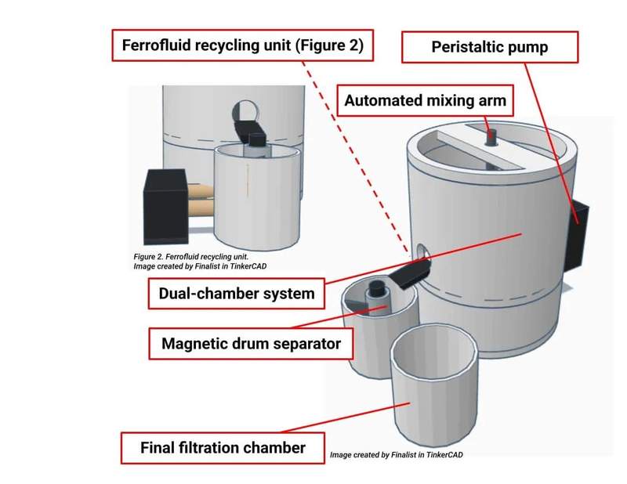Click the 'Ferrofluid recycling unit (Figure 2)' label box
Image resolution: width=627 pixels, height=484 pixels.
242,45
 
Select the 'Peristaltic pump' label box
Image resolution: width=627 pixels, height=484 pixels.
489,47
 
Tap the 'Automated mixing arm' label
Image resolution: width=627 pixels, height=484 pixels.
425,101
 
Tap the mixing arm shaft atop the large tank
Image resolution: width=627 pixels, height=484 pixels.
491,136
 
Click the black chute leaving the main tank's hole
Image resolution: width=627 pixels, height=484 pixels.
409,273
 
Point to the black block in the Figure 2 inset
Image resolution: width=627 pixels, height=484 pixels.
163,194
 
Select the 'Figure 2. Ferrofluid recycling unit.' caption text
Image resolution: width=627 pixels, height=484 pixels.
191,256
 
